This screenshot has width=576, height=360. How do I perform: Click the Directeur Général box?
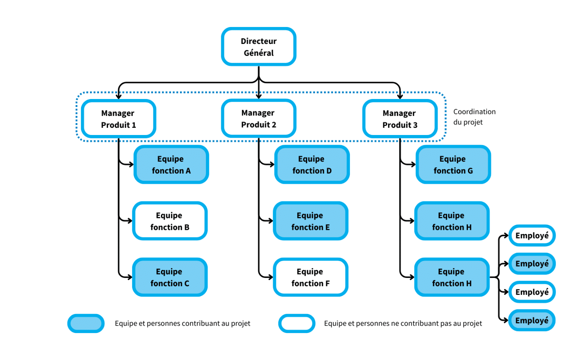259,47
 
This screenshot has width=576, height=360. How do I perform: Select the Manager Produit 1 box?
118,119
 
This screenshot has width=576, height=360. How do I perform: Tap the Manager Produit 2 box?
259,118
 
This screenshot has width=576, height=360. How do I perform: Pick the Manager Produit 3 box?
400,119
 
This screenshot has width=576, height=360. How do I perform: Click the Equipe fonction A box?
171,165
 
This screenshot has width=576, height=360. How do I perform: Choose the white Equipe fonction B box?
170,221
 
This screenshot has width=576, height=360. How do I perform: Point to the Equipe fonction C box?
170,277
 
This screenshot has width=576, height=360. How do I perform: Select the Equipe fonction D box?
312,165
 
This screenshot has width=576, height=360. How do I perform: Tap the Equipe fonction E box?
310,221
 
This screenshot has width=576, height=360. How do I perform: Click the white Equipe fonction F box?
310,277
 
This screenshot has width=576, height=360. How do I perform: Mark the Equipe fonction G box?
453,165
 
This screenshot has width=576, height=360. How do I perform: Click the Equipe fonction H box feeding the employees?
451,277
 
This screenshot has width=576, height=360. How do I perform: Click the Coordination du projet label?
474,117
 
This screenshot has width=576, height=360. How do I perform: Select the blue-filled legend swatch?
86,323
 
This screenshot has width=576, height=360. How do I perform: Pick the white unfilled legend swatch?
297,323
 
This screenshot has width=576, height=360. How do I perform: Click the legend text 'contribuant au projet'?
182,323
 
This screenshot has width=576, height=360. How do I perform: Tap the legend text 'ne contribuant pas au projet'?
403,323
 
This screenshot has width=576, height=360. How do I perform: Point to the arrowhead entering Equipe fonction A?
131,164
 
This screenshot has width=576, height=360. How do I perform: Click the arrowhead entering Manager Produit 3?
400,96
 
